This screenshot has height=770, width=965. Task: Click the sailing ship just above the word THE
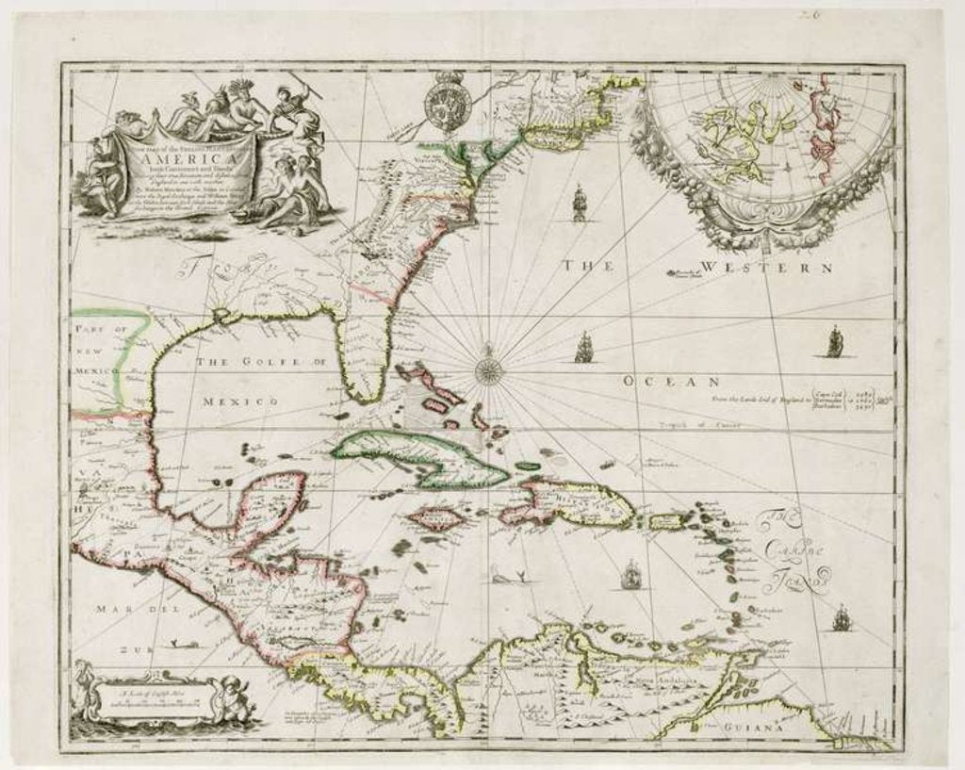(579, 203)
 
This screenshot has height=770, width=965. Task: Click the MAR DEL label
(123, 610)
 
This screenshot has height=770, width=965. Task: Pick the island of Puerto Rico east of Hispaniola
(669, 520)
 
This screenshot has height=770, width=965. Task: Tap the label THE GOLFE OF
(259, 362)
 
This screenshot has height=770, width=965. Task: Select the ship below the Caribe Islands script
(841, 617)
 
